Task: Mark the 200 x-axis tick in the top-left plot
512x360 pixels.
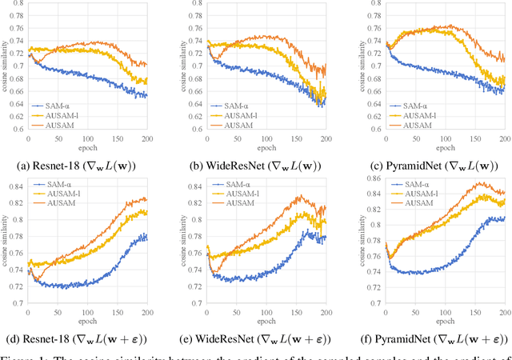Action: [x=160, y=139]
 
